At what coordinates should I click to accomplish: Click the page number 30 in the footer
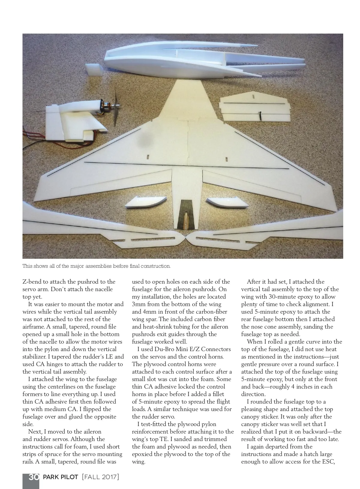tap(34, 477)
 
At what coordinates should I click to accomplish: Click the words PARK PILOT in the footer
tap(61, 477)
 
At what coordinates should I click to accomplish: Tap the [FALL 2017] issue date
tap(100, 477)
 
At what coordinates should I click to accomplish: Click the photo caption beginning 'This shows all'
tap(97, 266)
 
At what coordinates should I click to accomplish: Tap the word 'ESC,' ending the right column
tap(327, 462)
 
